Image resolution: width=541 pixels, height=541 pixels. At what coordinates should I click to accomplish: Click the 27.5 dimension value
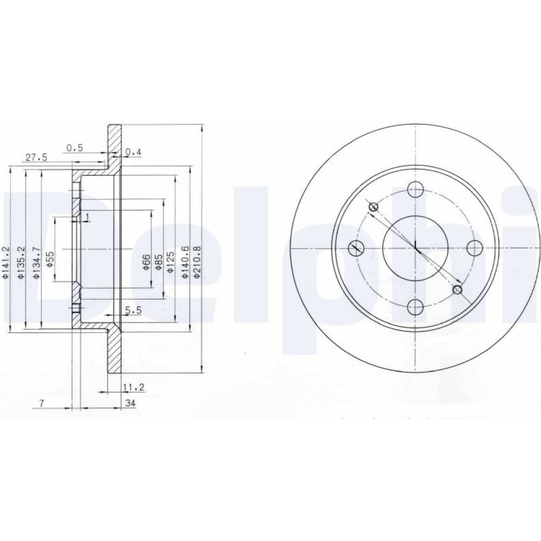tap(36, 157)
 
